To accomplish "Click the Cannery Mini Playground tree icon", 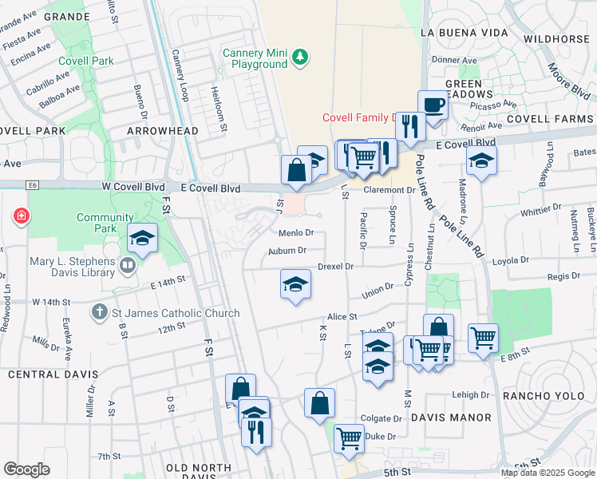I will [x=300, y=57].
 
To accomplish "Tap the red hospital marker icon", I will [x=19, y=216].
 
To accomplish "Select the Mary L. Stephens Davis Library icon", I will [x=128, y=264].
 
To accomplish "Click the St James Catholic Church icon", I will [x=99, y=312].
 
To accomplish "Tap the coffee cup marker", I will [x=433, y=105].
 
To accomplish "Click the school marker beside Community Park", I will [x=143, y=238].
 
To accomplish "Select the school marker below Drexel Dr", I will [x=295, y=284].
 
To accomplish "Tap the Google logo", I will [x=26, y=469].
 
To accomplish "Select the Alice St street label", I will [x=342, y=316].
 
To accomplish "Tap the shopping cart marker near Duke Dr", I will [x=349, y=437].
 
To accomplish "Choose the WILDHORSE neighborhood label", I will [x=556, y=38].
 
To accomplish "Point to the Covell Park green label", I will [x=85, y=61].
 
